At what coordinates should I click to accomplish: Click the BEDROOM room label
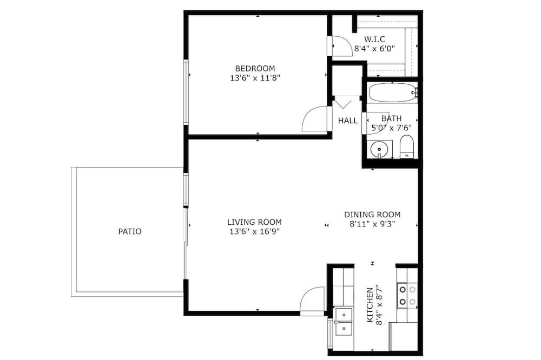coord(255,68)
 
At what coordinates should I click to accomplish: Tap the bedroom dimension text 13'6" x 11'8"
coord(255,78)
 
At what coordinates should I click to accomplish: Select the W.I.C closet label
coord(375,39)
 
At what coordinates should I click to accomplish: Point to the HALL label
coord(348,121)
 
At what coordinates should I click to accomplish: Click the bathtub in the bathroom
coord(392,92)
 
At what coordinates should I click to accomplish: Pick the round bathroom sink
coord(379,149)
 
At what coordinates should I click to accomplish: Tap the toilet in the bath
coord(407,146)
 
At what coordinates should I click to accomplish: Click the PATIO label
coord(130,231)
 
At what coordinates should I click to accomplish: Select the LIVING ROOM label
coord(254,222)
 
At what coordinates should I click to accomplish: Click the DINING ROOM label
coord(372,215)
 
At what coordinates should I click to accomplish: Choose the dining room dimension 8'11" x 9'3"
coord(372,224)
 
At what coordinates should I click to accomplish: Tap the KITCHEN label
coord(370,305)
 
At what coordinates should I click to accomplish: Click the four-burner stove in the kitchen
coord(407,296)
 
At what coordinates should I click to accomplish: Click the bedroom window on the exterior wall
coord(186,92)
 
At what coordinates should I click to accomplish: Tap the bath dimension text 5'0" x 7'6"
coord(391,128)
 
